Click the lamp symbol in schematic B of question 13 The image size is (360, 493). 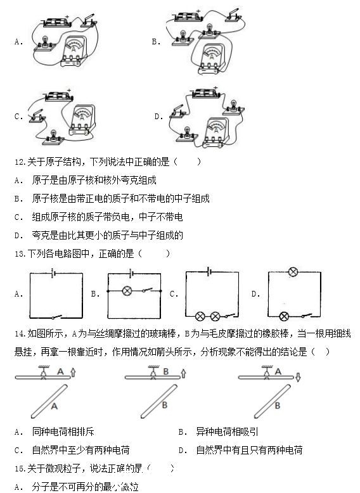pos(126,291)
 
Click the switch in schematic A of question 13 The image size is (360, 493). pos(57,315)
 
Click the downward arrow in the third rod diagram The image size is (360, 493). pos(297,378)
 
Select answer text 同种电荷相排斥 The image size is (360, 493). pos(63,432)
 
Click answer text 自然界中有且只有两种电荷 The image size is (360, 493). pos(248,451)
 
